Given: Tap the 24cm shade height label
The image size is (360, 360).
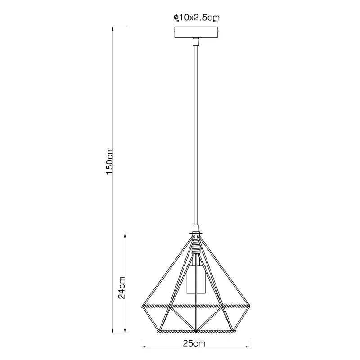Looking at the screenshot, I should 122,288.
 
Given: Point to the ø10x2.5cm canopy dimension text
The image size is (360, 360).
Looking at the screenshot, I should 196,18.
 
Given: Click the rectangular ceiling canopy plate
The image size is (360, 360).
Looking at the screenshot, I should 196,33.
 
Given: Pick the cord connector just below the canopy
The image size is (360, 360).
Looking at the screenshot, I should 196,42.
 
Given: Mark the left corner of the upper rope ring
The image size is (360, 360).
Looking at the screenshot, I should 141,306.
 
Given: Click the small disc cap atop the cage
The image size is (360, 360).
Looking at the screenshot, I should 196,233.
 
